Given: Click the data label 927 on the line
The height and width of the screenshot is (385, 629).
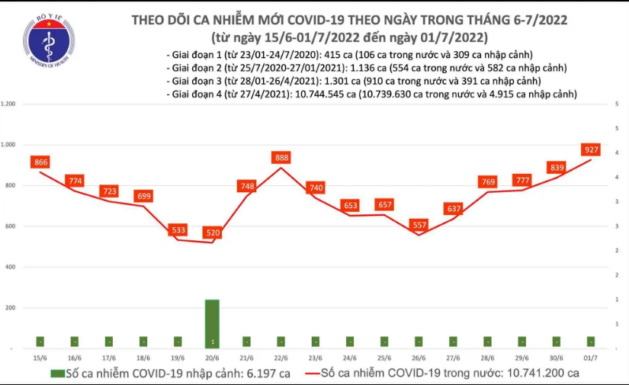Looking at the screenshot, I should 590,149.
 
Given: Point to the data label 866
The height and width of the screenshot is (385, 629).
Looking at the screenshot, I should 41,162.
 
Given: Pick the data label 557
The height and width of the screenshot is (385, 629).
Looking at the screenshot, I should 418,225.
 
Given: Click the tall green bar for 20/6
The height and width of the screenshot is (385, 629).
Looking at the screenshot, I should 212,323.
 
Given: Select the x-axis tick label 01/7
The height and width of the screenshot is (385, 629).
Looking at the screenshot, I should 591,358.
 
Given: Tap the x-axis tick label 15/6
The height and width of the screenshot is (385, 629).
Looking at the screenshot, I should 40,358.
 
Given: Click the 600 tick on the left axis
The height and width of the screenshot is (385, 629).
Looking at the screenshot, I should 11,226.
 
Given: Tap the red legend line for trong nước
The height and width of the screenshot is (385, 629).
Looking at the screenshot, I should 309,374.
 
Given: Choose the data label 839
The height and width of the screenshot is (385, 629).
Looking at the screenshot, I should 556,167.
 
